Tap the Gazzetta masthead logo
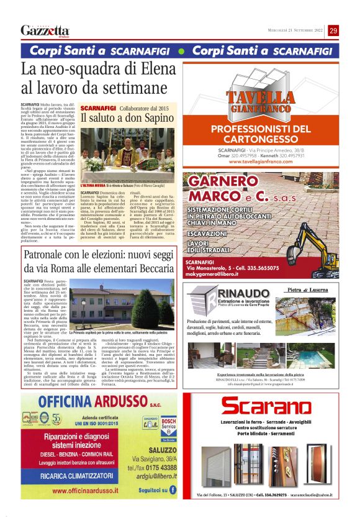pos(44,30)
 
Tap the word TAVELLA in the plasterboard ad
pos(260,98)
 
